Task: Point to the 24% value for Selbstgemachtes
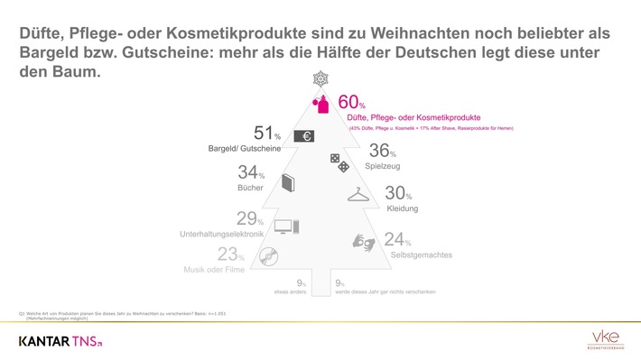pos(396,241)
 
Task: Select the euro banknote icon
pos(304,136)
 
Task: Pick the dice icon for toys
pos(337,164)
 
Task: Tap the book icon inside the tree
pos(288,183)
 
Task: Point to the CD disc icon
pos(268,257)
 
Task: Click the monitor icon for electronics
pos(285,226)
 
